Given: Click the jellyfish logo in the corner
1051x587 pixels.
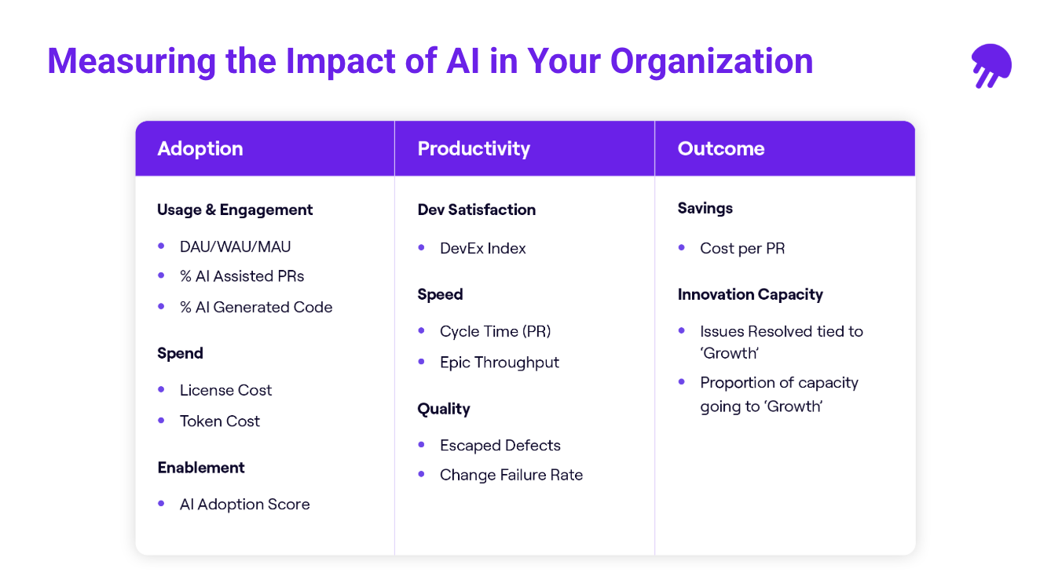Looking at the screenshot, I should tap(991, 65).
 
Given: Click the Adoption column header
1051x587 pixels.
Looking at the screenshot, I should tap(200, 148).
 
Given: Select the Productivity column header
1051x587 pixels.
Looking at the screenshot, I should tap(474, 148).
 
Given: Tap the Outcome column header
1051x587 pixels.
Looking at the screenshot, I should tap(721, 148).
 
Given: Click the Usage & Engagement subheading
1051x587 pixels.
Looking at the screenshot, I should tap(235, 210).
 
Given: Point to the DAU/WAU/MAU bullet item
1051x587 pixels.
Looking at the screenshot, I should tap(235, 246).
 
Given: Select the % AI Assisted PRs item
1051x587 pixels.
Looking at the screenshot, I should tap(241, 276).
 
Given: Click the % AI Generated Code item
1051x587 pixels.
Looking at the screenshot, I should tap(255, 307).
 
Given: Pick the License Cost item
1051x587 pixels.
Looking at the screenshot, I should tap(225, 390).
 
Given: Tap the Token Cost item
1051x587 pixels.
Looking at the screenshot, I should tap(219, 421).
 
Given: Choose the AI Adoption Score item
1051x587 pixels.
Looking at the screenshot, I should tap(244, 504).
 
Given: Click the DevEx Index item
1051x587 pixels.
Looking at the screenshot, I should tap(482, 248).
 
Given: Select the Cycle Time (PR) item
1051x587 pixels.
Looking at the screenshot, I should tap(495, 331).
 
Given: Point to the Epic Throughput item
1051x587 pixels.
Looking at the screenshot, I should tap(499, 362).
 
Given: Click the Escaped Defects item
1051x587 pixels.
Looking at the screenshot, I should tap(500, 445).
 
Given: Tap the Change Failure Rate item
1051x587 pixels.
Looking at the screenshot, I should tap(511, 475).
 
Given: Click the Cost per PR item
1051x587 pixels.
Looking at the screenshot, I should tap(742, 248).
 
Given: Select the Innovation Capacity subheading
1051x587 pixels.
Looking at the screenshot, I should tap(750, 294).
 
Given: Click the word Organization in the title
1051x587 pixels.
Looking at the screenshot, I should tap(712, 61).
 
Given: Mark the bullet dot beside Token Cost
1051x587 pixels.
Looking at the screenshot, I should tap(162, 420).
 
